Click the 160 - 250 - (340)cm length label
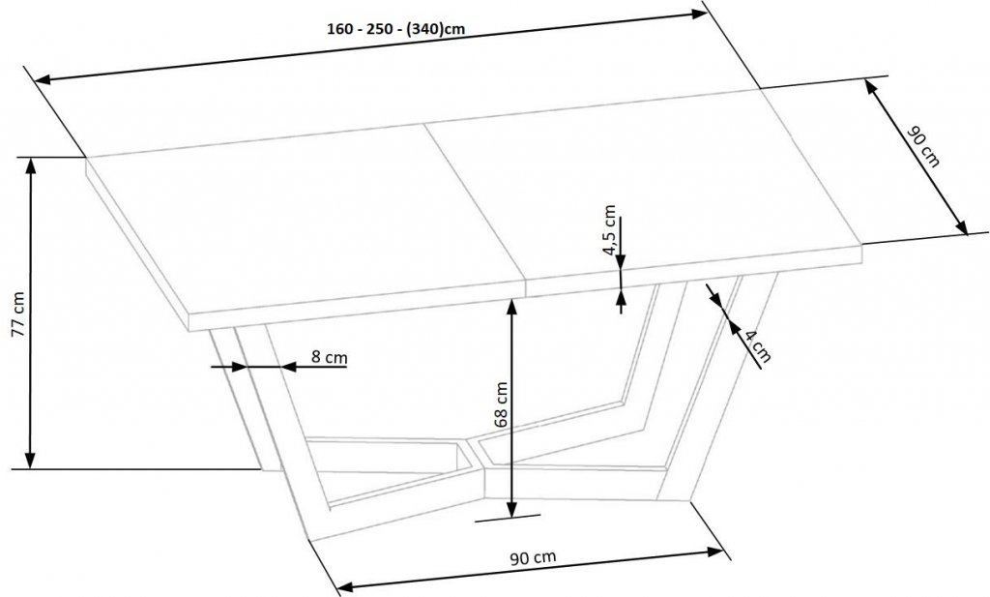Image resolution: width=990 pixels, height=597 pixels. (395, 29)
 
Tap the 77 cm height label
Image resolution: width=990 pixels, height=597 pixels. (19, 313)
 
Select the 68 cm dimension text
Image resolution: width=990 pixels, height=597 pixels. (501, 405)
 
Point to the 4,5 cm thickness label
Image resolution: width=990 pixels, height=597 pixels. (609, 229)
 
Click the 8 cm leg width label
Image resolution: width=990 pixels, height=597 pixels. (329, 357)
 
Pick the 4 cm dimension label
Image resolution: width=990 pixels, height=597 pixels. (757, 345)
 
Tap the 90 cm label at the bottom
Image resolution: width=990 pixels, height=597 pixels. (533, 558)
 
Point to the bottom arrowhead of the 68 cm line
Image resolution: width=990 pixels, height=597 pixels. (512, 510)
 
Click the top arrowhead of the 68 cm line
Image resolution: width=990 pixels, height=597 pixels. (512, 307)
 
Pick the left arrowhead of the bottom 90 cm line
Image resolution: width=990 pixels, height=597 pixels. (339, 584)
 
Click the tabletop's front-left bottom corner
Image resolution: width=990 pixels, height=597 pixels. (189, 330)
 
